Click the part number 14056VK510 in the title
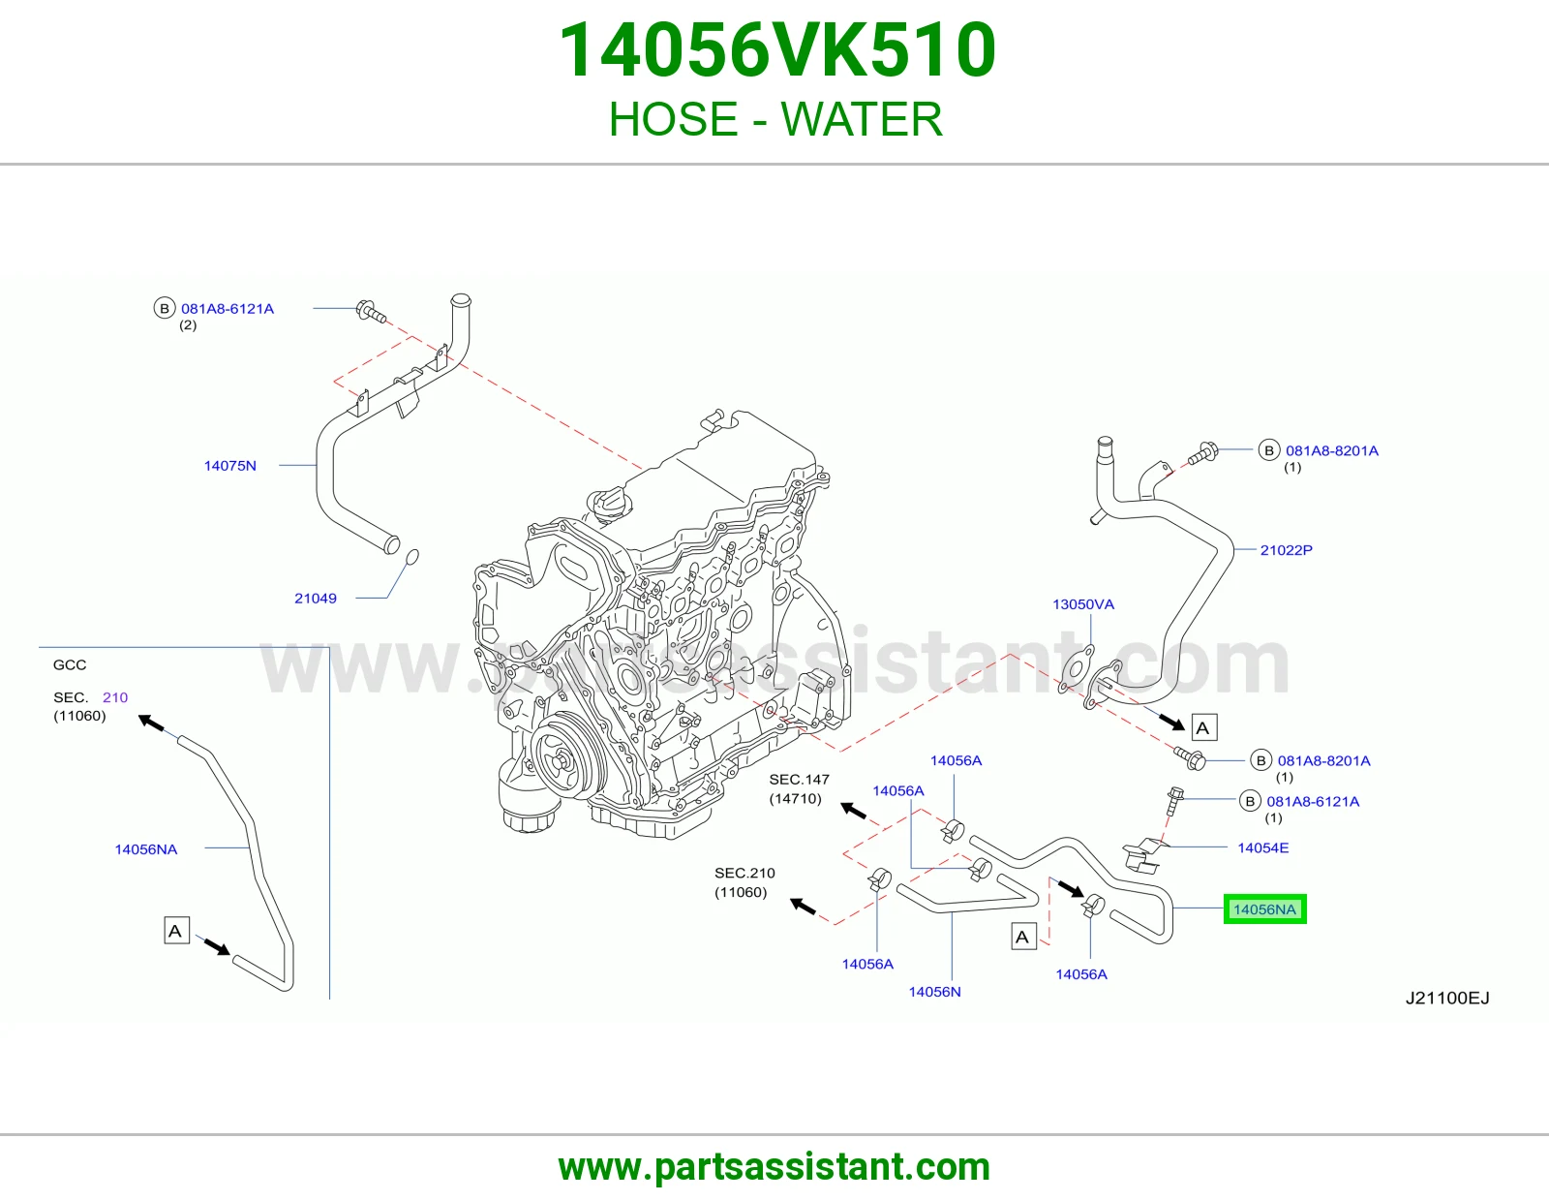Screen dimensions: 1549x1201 [777, 50]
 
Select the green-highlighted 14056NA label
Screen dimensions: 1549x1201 [1263, 909]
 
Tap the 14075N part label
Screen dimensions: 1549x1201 [229, 466]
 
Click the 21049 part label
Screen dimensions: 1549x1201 [315, 599]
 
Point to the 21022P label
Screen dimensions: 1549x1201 [1286, 550]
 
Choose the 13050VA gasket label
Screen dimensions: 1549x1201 [1082, 604]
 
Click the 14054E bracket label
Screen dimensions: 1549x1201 [1262, 847]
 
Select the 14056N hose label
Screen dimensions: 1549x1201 [934, 992]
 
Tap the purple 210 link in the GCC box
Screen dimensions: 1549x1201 [115, 697]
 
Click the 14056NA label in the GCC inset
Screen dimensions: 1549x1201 [146, 849]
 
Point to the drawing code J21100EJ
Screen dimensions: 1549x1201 [1447, 998]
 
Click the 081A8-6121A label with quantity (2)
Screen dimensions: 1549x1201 [228, 309]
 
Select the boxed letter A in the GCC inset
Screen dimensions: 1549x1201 [176, 931]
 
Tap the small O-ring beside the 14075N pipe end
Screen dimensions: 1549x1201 [411, 556]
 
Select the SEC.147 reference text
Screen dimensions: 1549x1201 [799, 780]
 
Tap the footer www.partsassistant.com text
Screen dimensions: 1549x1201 [774, 1167]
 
